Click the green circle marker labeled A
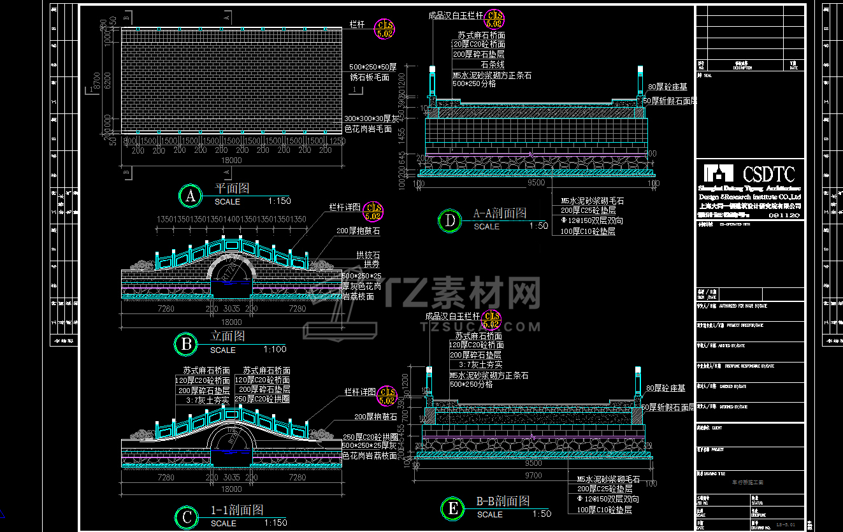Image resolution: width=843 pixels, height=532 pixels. [x=190, y=196]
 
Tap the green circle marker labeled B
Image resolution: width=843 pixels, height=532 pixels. [x=186, y=345]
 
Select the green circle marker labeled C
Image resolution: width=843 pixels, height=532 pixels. [x=186, y=518]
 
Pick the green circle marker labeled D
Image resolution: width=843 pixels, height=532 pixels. [x=450, y=221]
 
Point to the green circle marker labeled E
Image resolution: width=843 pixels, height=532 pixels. [x=452, y=509]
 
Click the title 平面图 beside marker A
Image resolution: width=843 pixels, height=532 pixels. [x=231, y=189]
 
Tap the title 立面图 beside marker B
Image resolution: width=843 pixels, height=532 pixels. [x=227, y=336]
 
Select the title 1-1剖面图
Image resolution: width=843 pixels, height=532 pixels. [x=237, y=510]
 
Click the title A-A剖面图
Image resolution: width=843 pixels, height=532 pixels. [x=500, y=213]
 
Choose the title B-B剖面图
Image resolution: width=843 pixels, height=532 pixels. [x=503, y=501]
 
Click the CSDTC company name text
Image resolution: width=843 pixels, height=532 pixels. [x=769, y=174]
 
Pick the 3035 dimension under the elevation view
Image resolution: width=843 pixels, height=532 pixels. [x=232, y=308]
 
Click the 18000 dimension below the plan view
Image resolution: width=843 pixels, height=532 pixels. [x=231, y=161]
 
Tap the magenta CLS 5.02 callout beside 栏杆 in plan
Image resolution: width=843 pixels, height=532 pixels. [x=385, y=29]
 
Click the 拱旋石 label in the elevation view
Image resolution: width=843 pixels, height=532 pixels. [x=367, y=254]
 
